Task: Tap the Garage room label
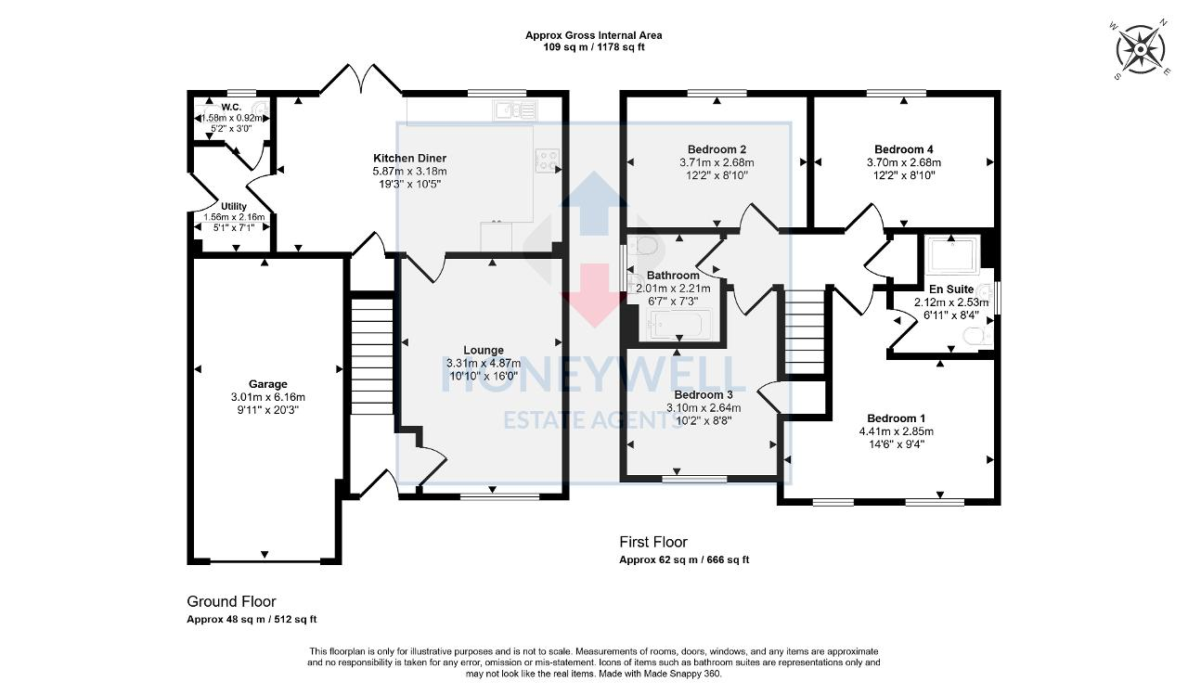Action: point(267,383)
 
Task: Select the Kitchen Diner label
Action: point(409,159)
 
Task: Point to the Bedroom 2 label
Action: point(717,149)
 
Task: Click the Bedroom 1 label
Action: point(896,418)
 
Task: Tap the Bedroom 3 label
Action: point(703,394)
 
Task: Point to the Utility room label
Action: point(233,206)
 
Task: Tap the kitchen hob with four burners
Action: point(548,161)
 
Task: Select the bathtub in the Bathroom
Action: point(679,326)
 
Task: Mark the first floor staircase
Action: point(805,329)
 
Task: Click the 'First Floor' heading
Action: point(653,542)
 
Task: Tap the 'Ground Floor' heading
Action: point(231,601)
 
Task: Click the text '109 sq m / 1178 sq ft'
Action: point(593,46)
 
